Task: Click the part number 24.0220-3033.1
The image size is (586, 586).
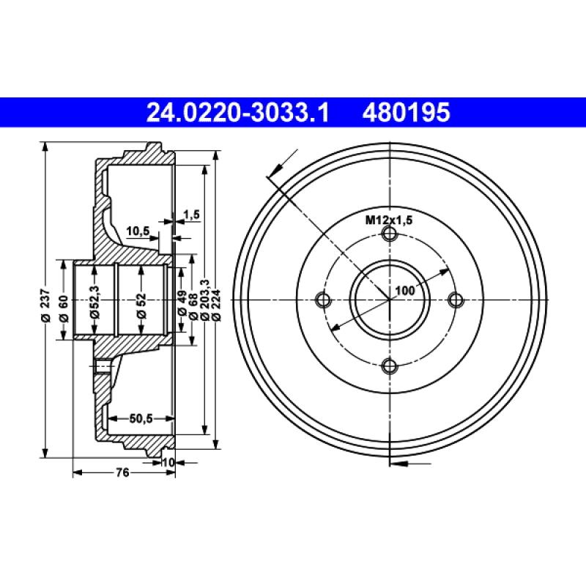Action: (x=237, y=113)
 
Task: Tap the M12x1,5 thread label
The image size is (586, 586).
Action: (x=390, y=219)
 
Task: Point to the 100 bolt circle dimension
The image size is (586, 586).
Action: (x=404, y=290)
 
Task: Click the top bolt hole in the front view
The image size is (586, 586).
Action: (x=390, y=234)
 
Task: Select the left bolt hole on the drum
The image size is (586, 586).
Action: (x=322, y=300)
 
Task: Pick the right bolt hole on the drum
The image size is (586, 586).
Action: (x=456, y=300)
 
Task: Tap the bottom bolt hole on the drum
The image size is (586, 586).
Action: (x=390, y=366)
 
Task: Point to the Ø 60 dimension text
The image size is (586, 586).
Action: (x=64, y=308)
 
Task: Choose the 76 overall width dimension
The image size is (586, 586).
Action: (x=123, y=473)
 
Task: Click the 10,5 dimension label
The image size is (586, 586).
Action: (x=138, y=231)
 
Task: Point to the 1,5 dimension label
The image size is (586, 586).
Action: (x=191, y=214)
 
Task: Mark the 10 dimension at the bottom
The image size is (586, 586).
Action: (x=168, y=461)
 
